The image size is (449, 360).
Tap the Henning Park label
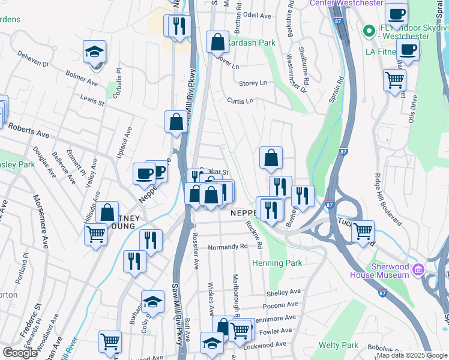277,263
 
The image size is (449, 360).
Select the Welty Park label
340,345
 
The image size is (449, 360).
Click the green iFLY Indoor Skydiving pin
367,29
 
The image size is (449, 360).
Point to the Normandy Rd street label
228,247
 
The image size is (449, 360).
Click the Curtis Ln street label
240,101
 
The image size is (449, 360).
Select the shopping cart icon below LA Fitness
394,80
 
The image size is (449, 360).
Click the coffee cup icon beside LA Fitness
408,50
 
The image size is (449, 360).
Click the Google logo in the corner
20,353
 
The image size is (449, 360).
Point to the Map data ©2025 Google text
412,355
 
